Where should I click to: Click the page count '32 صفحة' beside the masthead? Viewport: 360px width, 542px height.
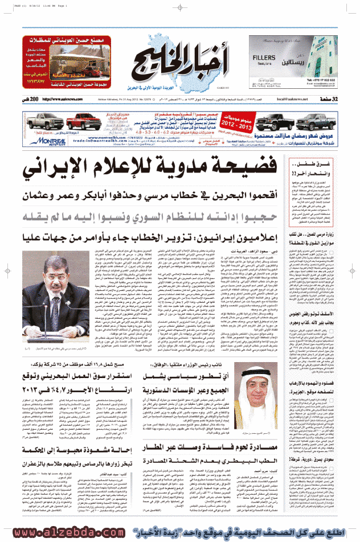(339, 99)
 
